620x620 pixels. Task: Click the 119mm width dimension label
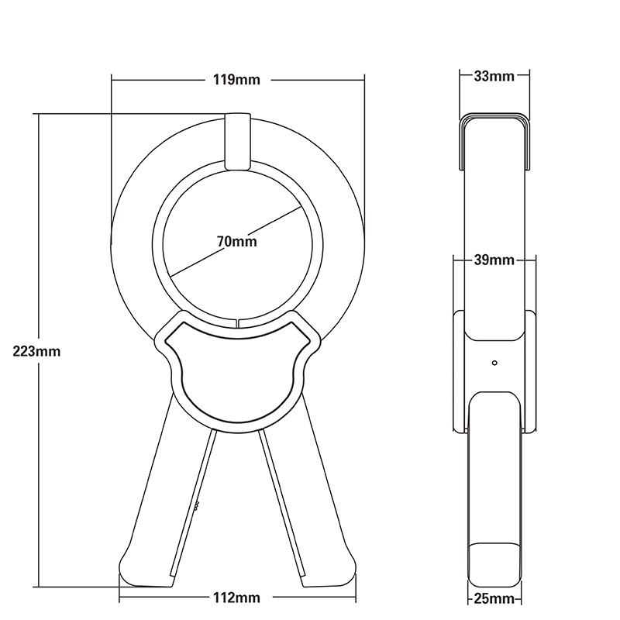click(x=238, y=79)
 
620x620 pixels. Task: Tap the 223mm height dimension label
click(x=36, y=350)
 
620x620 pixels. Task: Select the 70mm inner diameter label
click(x=237, y=241)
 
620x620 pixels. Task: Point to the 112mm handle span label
click(x=237, y=598)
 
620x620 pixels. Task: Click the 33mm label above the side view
click(x=495, y=76)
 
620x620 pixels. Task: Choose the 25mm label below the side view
click(x=495, y=598)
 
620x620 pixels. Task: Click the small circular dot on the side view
click(x=494, y=362)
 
